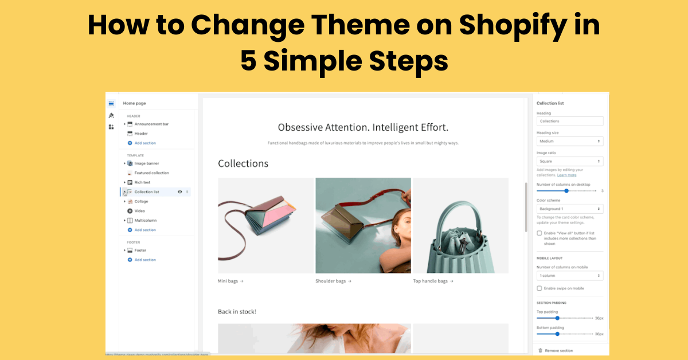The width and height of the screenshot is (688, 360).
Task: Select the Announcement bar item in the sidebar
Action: coord(151,124)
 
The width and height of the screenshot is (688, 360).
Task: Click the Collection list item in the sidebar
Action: coord(147,191)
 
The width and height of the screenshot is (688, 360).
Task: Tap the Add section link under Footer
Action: coord(145,260)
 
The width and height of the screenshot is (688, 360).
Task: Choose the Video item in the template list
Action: coord(139,211)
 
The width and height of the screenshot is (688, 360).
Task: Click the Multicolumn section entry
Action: coord(145,220)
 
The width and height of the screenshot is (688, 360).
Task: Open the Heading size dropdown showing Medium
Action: coord(569,141)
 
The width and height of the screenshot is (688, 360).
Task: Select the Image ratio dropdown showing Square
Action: coord(569,162)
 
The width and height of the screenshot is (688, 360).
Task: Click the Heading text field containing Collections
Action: coord(569,121)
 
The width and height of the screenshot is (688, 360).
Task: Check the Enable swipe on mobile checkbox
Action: coord(539,288)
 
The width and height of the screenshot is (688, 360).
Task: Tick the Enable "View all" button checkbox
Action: coord(539,233)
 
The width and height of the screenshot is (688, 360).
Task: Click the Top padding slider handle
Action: coord(557,318)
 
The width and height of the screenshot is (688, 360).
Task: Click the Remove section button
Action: coord(558,350)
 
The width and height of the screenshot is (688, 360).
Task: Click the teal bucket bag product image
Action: coord(460,225)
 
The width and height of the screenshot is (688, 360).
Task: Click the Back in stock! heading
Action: coord(237,311)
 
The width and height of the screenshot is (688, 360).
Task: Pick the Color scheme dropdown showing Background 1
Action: coord(569,209)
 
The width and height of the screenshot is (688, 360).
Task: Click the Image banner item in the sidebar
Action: coord(147,163)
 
